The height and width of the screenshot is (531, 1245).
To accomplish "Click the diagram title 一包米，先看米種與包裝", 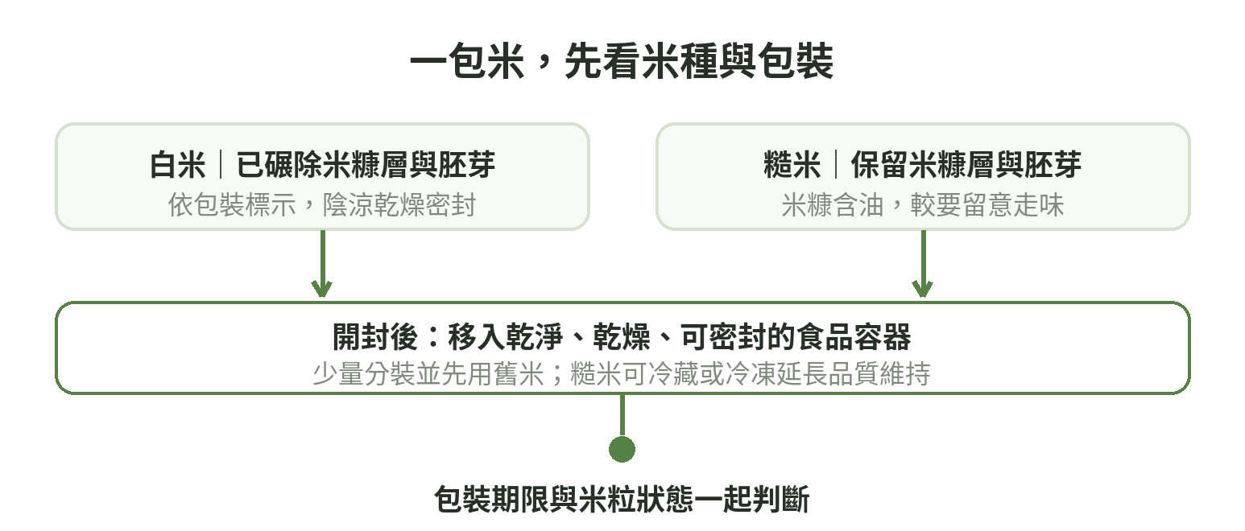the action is tap(622, 61).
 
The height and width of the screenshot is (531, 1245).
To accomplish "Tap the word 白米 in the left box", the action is tap(178, 165).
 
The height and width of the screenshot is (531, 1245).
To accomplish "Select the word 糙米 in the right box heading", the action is tap(792, 165).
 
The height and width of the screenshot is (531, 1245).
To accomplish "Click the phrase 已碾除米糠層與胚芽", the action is tap(366, 165).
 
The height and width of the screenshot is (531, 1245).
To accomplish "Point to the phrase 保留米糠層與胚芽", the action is tap(966, 165).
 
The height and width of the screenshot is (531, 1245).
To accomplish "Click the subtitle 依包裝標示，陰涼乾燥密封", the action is tap(322, 205).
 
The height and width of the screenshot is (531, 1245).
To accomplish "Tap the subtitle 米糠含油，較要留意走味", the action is tap(923, 205).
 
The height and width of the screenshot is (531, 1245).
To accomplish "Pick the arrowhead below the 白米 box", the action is tap(322, 289).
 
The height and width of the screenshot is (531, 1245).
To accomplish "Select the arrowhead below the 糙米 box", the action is tap(923, 289).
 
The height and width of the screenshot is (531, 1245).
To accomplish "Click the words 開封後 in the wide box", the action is tap(375, 337).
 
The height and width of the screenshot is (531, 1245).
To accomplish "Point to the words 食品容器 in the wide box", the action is tap(853, 337).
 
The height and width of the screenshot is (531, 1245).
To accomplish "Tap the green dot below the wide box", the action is tap(622, 450).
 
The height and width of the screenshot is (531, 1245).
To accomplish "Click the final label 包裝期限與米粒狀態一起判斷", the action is tap(622, 499).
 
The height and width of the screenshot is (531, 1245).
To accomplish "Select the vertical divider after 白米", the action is tap(221, 165).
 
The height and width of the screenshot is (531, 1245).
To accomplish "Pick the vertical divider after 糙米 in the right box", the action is tap(836, 165).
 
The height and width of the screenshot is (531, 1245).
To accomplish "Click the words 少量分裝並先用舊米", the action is tap(428, 374).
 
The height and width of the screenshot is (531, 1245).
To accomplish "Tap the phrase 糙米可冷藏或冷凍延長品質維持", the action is tap(751, 374).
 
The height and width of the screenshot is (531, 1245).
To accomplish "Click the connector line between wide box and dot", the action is tap(622, 415).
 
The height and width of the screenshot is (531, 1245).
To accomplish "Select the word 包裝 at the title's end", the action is tap(796, 61).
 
